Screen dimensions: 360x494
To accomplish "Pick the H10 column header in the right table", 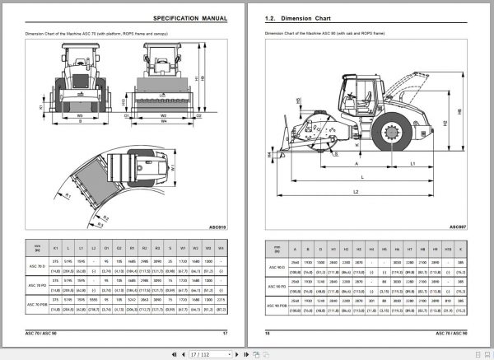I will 445,245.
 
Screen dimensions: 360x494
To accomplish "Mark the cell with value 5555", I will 95,302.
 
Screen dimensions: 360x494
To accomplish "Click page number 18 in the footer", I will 267,332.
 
